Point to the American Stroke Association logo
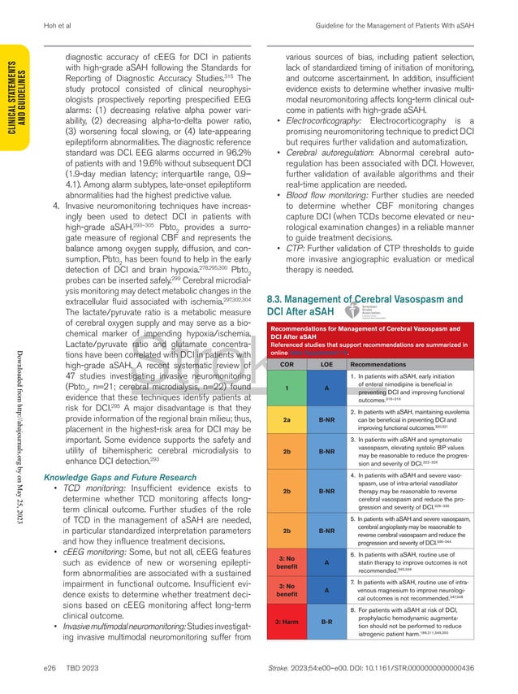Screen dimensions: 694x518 coord(365,313)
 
